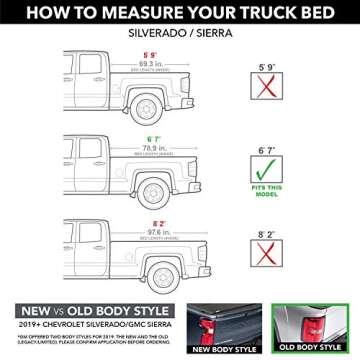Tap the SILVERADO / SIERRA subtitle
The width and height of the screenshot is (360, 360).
179,33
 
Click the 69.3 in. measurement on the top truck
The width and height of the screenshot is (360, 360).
151,61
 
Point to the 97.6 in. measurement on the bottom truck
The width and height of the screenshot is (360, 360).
151,230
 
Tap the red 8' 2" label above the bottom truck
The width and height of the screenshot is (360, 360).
151,222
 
